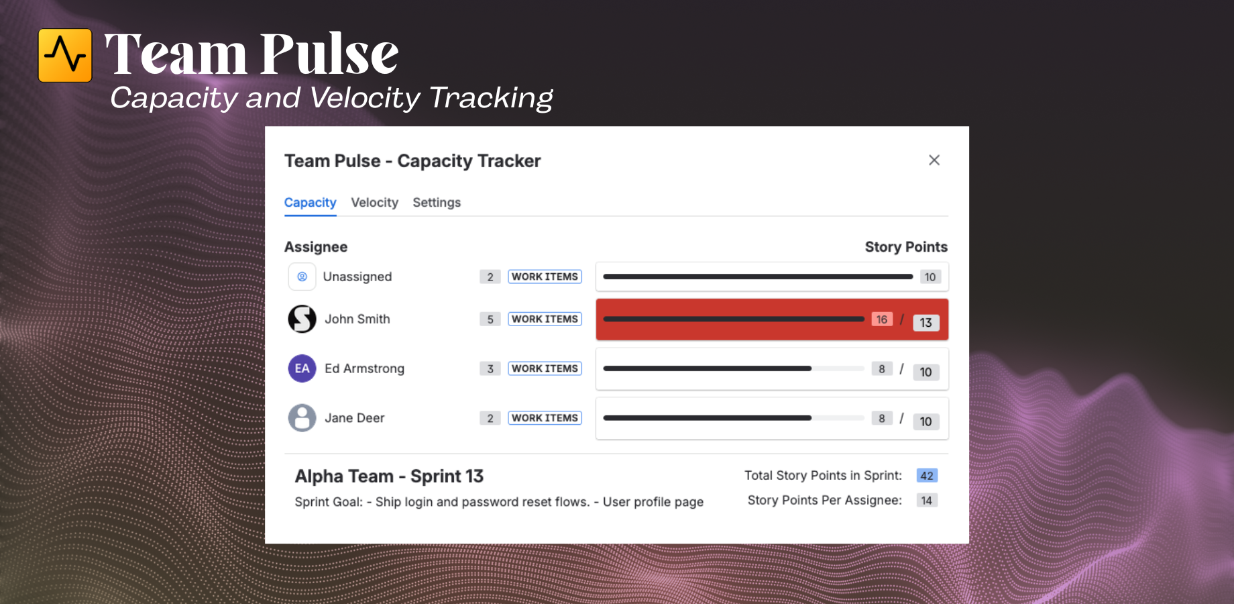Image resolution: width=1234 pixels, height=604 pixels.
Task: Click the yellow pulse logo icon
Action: coord(65,55)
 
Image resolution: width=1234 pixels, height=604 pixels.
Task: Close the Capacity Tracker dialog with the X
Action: coord(934,160)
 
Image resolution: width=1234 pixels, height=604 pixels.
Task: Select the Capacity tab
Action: coord(310,203)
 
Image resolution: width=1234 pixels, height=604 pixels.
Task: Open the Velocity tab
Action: coord(374,203)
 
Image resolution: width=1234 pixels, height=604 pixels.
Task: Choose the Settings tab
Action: coord(437,203)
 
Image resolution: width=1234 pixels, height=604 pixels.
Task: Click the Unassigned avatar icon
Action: coord(302,276)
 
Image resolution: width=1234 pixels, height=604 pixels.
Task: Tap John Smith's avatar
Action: coord(302,319)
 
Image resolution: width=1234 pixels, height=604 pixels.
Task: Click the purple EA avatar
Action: coord(302,368)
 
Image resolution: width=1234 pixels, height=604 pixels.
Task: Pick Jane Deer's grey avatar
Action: coord(302,418)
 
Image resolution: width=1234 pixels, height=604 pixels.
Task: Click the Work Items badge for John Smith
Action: coord(545,319)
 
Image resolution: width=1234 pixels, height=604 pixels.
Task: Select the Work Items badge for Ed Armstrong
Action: coord(545,368)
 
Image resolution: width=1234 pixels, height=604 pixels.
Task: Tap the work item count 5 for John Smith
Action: coord(490,319)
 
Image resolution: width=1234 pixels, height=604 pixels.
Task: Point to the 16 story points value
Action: coord(882,319)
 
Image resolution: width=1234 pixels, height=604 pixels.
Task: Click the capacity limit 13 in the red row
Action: coord(926,323)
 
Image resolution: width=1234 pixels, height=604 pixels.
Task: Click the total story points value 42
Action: coord(927,476)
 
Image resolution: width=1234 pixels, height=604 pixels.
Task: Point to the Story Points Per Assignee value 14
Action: coord(927,501)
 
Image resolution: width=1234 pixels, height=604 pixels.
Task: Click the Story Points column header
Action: coord(906,247)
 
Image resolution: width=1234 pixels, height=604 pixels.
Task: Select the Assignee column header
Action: coord(316,247)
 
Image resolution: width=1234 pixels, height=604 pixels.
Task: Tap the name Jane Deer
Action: coord(355,418)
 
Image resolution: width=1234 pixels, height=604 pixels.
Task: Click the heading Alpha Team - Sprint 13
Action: coord(389,476)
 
